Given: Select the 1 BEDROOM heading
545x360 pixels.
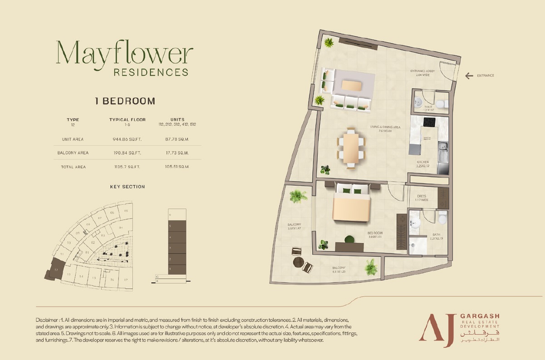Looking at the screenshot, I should (x=125, y=101).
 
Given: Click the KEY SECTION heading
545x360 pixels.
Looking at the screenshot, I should (x=128, y=187).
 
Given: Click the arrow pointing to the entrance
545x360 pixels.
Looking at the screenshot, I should (x=469, y=75).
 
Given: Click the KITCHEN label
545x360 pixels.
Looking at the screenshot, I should (x=423, y=162).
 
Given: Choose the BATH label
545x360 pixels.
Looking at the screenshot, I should (x=436, y=235).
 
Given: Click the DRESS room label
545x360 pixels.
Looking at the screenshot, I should (x=422, y=197).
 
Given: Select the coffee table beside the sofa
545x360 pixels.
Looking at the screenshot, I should (x=352, y=85).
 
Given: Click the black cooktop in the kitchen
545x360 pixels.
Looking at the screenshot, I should (x=429, y=122).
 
